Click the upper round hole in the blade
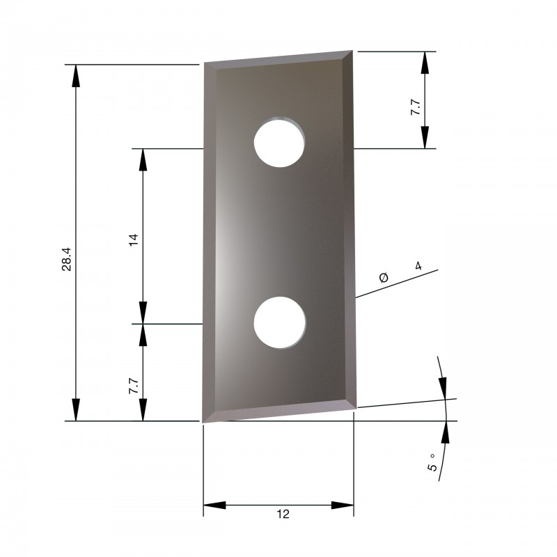(x=279, y=142)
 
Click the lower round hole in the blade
(x=280, y=322)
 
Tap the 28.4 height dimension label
(x=66, y=259)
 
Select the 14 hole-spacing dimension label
(x=133, y=240)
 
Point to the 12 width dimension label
(x=283, y=514)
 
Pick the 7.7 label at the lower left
(x=134, y=386)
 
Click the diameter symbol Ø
(x=384, y=277)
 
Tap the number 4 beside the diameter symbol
(x=418, y=266)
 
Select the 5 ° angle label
(x=432, y=462)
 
